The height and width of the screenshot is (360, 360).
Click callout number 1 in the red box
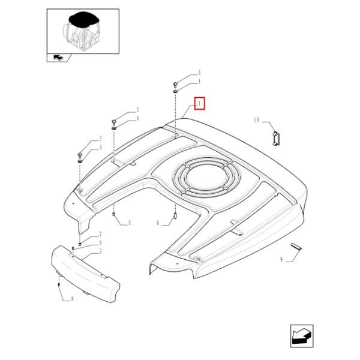(200, 104)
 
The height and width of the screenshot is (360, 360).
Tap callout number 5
(128, 223)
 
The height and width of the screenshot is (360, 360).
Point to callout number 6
(158, 223)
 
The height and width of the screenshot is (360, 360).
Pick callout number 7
(100, 234)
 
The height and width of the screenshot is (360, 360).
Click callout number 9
(281, 260)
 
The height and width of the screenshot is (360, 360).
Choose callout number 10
(256, 120)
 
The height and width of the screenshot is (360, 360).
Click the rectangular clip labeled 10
(276, 138)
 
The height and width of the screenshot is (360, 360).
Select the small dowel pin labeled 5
(114, 212)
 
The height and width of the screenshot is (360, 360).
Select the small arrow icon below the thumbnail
(58, 58)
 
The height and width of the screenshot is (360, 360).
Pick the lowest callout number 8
(72, 298)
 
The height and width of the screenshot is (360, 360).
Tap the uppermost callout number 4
(198, 82)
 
